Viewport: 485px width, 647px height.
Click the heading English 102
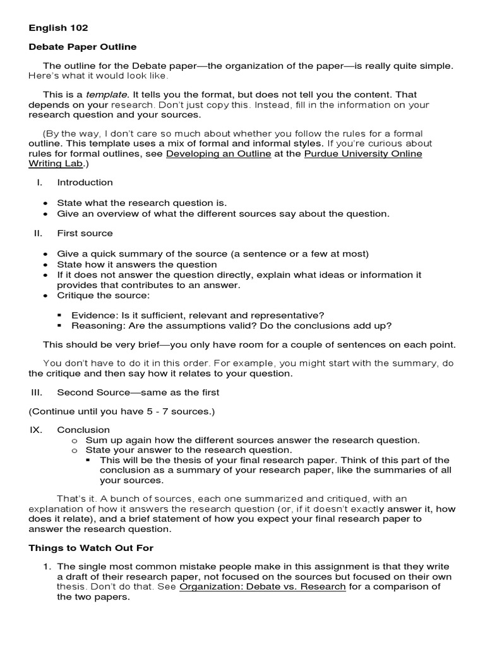58,28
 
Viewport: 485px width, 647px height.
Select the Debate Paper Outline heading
82,47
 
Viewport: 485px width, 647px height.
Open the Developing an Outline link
219,154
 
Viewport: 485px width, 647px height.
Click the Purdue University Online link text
363,154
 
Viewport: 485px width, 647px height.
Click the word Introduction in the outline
85,183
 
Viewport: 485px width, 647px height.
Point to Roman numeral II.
37,233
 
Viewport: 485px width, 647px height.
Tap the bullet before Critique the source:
45,296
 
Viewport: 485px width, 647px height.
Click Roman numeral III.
37,392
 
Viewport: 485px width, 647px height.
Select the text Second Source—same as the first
138,392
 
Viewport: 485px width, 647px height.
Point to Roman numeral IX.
35,430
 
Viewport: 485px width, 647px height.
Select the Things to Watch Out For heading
91,548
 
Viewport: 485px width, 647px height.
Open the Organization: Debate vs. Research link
262,587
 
